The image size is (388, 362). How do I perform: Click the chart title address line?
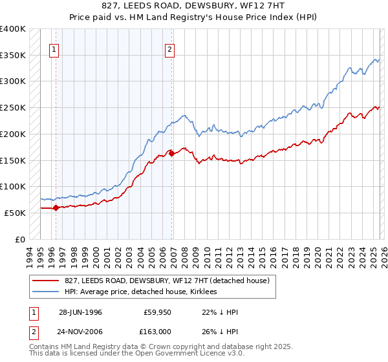[x=193, y=5]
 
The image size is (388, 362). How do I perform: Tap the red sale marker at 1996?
[x=56, y=208]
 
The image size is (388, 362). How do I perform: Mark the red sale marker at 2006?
[x=171, y=153]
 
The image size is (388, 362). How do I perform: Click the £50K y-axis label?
[x=15, y=213]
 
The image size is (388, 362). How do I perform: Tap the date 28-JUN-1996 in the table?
[x=80, y=312]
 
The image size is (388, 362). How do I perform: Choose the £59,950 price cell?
[x=158, y=312]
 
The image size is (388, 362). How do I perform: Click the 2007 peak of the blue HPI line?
[x=184, y=116]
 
